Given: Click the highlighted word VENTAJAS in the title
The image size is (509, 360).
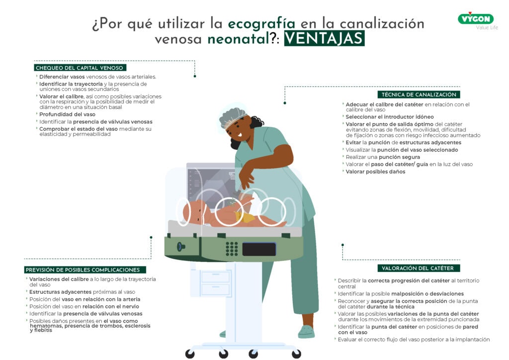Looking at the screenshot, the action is tap(324, 38).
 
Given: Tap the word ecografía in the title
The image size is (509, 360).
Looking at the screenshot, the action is tap(261, 24).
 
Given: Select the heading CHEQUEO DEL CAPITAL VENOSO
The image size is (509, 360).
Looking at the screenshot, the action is tap(80, 68).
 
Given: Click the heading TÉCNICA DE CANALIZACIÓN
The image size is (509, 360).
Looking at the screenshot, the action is tap(419, 94).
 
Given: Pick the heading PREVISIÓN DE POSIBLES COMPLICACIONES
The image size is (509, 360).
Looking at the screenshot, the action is tap(85, 270).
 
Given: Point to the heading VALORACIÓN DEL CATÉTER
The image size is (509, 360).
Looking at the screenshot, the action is tap(418, 268).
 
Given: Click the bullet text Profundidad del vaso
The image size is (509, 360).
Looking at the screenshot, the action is tap(67, 114).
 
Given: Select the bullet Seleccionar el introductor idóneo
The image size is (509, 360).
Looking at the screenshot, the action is tap(390, 117).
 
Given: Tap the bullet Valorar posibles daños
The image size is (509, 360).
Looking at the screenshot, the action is tap(375, 172).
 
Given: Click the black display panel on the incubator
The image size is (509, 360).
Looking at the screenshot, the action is tap(259, 249).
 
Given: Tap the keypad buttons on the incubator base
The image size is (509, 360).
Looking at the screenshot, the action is tap(232, 249).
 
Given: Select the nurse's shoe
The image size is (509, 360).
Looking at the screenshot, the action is tap(306, 332).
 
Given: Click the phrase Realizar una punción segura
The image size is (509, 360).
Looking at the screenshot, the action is tap(383, 157).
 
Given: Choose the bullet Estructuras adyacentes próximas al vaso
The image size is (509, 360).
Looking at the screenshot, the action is tap(82, 292).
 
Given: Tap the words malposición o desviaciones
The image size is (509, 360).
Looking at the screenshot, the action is tap(427, 294).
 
